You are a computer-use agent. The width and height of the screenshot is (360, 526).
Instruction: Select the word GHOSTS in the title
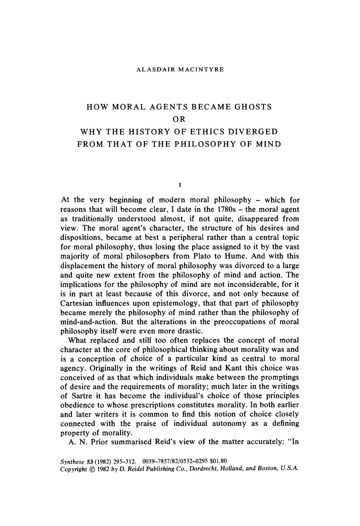pos(252,107)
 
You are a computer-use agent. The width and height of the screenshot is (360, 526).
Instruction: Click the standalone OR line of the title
pos(179,119)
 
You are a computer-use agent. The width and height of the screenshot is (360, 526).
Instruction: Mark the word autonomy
pos(229,423)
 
